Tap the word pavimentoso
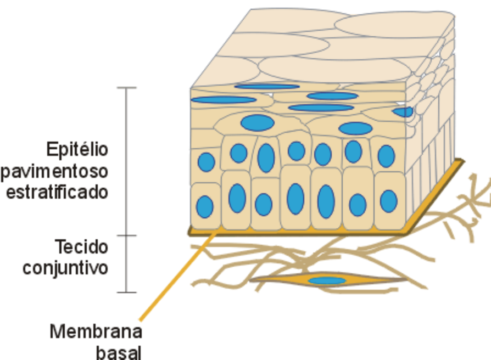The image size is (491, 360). click(x=54, y=171)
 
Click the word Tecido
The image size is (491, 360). click(x=81, y=246)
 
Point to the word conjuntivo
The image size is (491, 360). click(x=65, y=268)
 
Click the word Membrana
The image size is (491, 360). click(x=96, y=332)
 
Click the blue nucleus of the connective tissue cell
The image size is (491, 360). click(x=327, y=281)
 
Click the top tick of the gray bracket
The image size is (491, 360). click(x=127, y=88)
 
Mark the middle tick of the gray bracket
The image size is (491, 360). click(x=127, y=236)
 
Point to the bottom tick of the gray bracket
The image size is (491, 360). click(x=127, y=292)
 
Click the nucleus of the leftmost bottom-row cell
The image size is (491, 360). click(x=205, y=207)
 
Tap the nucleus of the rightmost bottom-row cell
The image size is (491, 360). click(x=388, y=201)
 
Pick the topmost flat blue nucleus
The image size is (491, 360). click(x=267, y=86)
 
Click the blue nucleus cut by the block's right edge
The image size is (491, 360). click(x=403, y=112)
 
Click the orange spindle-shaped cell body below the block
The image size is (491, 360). click(x=286, y=281)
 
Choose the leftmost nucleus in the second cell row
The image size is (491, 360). click(x=206, y=162)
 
